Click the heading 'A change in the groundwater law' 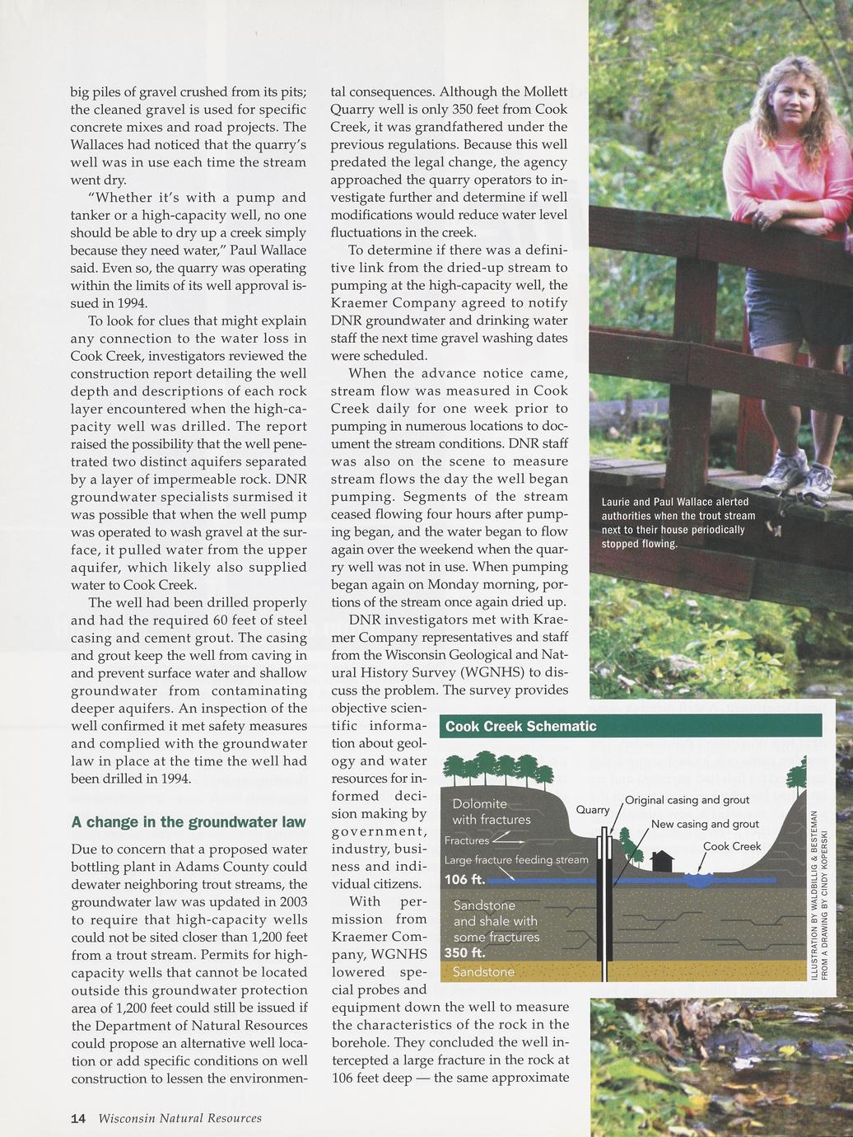[189, 822]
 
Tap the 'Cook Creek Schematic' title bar [631, 726]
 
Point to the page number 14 [78, 1118]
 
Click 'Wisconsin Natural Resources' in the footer [179, 1118]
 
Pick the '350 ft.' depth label [467, 952]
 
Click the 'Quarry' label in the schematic [592, 810]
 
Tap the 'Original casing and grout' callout [687, 800]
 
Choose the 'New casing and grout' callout [705, 824]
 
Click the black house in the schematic [662, 862]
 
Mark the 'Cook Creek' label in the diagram [732, 846]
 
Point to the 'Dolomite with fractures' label [491, 812]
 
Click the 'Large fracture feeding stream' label [516, 860]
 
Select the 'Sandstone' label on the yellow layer [483, 972]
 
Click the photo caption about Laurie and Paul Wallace [678, 523]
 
